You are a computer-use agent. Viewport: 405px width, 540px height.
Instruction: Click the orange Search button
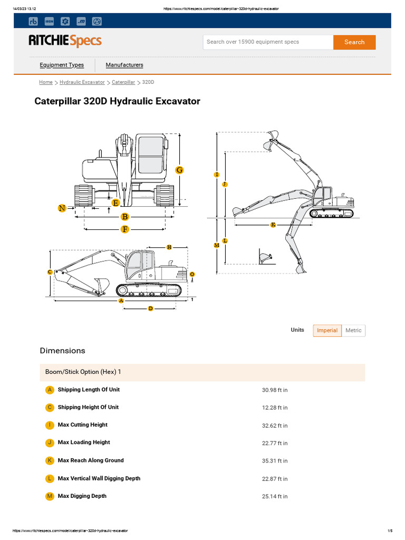tap(354, 42)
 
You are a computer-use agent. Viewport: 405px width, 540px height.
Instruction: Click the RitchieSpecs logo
tap(65, 41)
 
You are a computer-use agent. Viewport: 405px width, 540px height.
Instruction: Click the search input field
tap(268, 42)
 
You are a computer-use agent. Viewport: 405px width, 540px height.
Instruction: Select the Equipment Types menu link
tap(62, 65)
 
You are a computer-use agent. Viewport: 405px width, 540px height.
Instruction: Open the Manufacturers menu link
tap(124, 65)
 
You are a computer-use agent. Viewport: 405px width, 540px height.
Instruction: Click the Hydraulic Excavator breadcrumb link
tap(82, 82)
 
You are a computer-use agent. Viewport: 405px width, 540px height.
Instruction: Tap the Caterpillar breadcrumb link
tap(123, 82)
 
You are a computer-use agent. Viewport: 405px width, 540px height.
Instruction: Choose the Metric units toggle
tap(353, 331)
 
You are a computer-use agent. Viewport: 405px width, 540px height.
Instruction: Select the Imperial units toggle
tap(327, 331)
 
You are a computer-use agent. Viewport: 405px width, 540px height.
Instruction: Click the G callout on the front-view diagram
tap(179, 170)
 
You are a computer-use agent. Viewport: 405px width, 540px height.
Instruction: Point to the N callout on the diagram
tap(62, 208)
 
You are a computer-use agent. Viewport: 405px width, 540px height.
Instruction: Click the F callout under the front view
tap(125, 229)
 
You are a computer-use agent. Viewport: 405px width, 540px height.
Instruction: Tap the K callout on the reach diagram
tap(273, 225)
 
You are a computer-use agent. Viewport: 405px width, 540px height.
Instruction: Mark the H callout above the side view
tap(169, 247)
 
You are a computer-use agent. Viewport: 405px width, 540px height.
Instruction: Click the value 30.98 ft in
tap(275, 390)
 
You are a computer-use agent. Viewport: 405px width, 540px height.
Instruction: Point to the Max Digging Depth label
tap(82, 496)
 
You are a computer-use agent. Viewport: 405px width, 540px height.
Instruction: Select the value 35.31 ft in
tap(275, 461)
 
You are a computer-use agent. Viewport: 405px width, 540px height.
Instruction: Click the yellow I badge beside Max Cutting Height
tap(50, 425)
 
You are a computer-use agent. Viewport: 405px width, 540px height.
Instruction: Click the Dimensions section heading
tap(62, 351)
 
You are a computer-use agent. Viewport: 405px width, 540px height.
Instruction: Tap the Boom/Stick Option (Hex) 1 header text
tap(83, 372)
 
